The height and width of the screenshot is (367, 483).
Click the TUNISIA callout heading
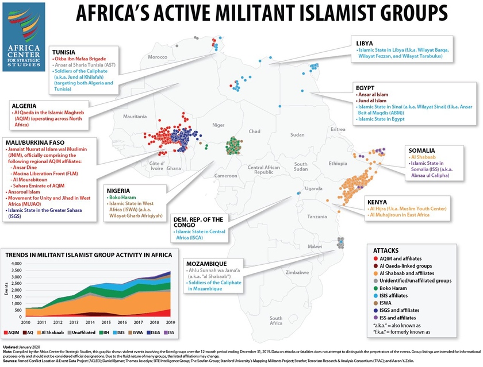coord(65,51)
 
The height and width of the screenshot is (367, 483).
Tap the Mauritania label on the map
coord(134,117)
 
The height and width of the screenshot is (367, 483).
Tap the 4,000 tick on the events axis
coord(17,264)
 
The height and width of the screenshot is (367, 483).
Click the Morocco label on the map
coord(158,57)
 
